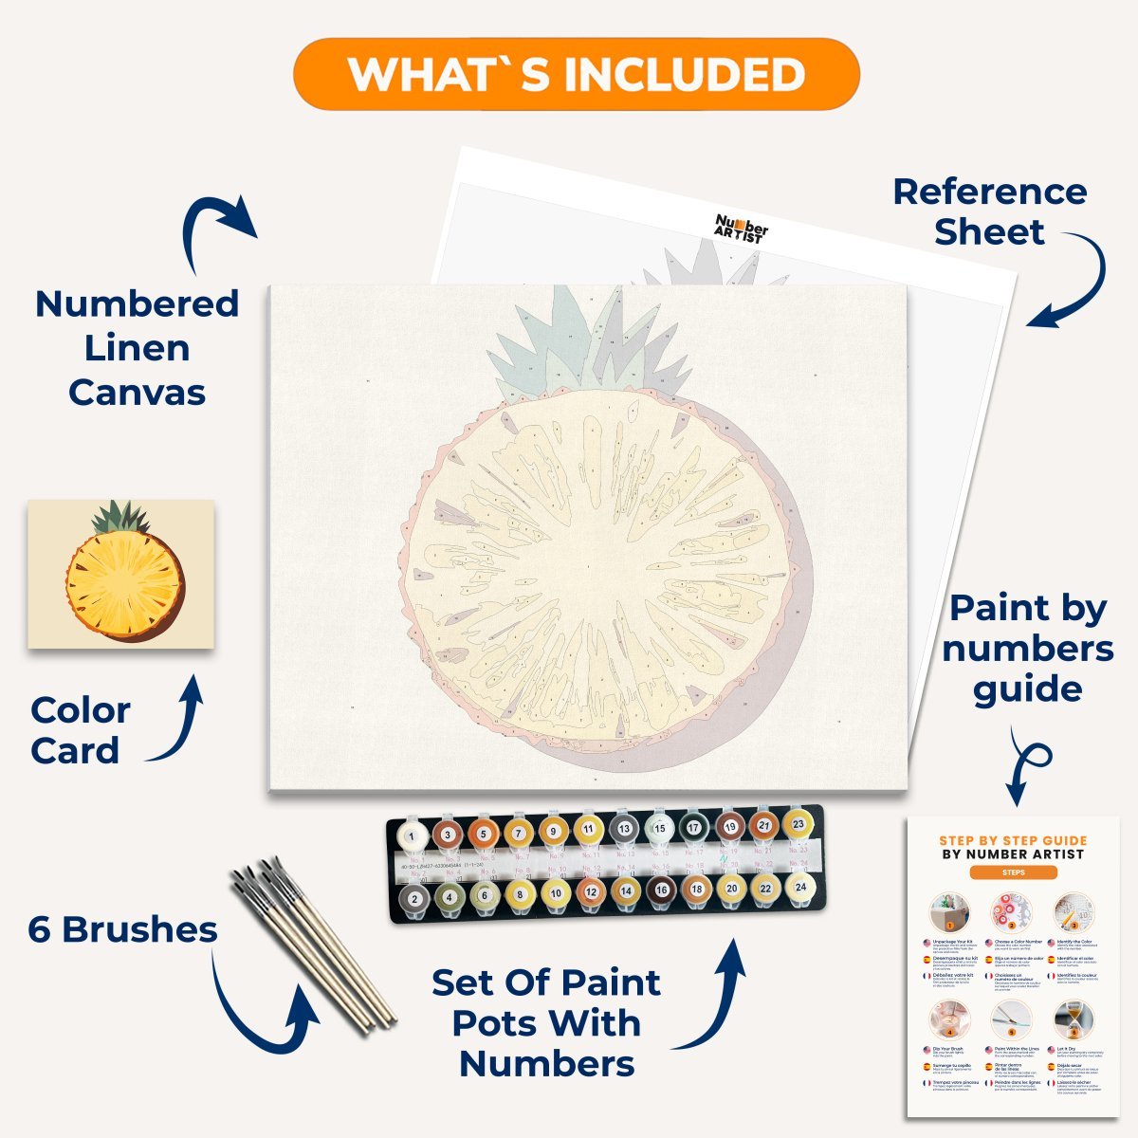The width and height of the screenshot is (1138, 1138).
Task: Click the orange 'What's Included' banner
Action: point(576,74)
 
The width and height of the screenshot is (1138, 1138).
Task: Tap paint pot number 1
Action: point(412,835)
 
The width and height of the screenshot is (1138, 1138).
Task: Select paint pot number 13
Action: point(623,829)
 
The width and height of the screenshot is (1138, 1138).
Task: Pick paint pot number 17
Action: point(693,828)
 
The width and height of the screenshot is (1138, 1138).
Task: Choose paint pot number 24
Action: point(800,888)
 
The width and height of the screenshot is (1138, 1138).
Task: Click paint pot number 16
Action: point(661,890)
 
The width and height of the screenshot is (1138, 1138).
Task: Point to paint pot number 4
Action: point(449,895)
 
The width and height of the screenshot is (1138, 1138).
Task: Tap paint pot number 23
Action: point(798,825)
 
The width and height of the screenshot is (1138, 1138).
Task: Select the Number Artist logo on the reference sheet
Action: point(741,229)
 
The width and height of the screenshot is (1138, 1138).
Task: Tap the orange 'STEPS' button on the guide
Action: point(1013,872)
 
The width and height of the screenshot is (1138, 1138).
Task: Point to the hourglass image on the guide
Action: point(1072,1019)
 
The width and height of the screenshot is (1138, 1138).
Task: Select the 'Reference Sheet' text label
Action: point(989,211)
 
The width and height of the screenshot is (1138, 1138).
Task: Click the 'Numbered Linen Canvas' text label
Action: point(137,348)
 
